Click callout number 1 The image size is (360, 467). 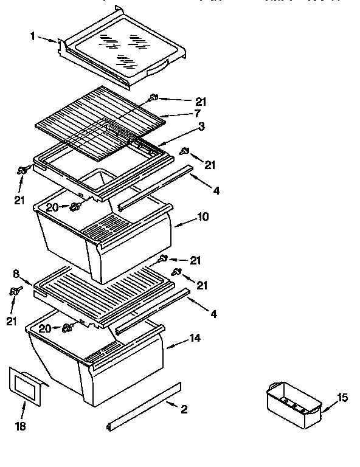point(32,36)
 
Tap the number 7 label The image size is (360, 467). point(198,114)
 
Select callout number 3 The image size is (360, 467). point(201,126)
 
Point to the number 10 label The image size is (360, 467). point(202,217)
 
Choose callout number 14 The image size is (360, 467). point(195,337)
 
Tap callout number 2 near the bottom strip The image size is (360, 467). point(184,409)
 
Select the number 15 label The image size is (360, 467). point(342,398)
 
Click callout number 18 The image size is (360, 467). point(21,427)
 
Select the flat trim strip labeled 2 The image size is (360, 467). point(144,407)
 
